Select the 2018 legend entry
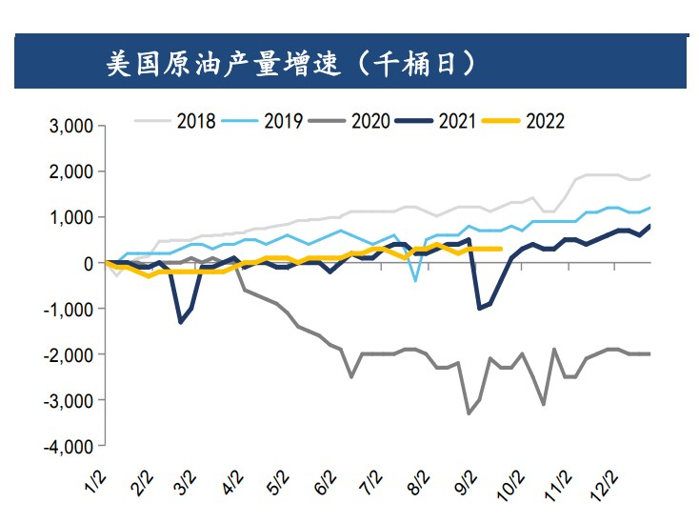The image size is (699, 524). click(x=196, y=121)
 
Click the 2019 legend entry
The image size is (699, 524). click(x=283, y=121)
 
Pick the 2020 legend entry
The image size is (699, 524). click(x=369, y=121)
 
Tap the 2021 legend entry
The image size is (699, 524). click(x=457, y=121)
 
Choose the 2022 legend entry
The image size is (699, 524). click(x=544, y=121)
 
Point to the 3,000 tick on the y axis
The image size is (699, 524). click(x=70, y=126)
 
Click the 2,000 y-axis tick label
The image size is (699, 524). click(x=70, y=171)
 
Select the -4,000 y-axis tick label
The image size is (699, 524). click(x=68, y=446)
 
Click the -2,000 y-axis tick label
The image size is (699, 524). click(x=68, y=354)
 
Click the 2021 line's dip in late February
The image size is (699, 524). click(x=181, y=322)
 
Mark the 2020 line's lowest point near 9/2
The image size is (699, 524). click(x=468, y=413)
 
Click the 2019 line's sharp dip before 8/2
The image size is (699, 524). click(x=415, y=280)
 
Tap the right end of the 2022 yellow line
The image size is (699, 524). click(x=501, y=249)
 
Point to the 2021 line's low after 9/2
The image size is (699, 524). click(x=478, y=309)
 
